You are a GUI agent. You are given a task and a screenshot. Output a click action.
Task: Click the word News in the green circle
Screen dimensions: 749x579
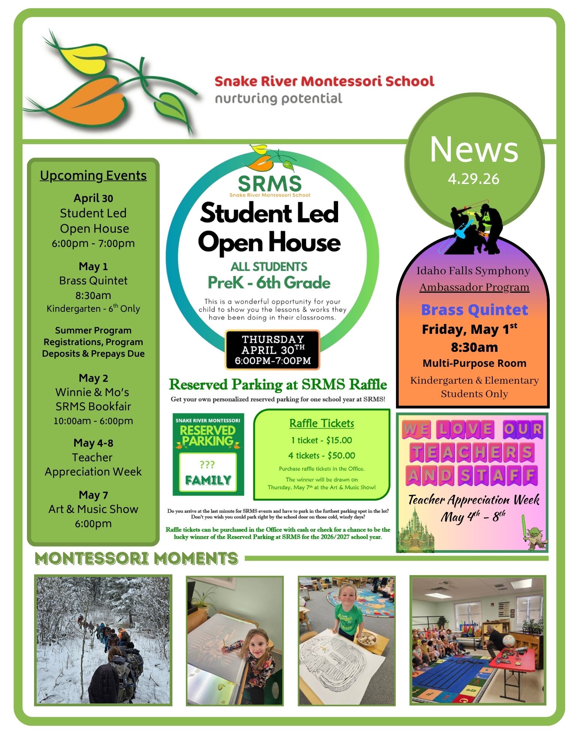pyautogui.click(x=474, y=150)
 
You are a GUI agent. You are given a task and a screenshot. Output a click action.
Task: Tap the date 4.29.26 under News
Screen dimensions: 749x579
pyautogui.click(x=473, y=179)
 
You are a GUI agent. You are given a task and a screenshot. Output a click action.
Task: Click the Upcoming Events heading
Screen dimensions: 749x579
pyautogui.click(x=93, y=175)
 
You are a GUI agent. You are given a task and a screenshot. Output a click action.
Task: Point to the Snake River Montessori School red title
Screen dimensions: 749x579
pyautogui.click(x=324, y=81)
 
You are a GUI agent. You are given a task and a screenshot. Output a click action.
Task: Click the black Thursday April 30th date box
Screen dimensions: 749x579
pyautogui.click(x=272, y=350)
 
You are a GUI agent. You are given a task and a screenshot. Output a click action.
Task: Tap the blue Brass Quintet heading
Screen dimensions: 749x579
pyautogui.click(x=474, y=310)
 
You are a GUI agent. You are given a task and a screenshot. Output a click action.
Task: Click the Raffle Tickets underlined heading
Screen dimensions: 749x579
pyautogui.click(x=322, y=423)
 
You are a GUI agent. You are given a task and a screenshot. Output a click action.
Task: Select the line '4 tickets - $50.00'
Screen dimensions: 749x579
pyautogui.click(x=322, y=456)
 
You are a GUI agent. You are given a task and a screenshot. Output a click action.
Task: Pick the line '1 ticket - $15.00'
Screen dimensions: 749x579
pyautogui.click(x=322, y=440)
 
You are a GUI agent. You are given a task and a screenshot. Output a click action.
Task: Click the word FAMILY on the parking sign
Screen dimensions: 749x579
pyautogui.click(x=208, y=480)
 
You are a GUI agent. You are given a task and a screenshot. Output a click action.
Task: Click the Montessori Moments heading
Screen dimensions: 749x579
pyautogui.click(x=136, y=559)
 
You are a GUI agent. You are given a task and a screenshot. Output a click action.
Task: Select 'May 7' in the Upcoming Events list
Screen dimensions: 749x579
pyautogui.click(x=93, y=495)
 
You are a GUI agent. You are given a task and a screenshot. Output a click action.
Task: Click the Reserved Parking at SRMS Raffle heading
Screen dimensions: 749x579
pyautogui.click(x=278, y=385)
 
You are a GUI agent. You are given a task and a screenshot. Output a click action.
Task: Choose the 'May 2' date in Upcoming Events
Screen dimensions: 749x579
pyautogui.click(x=93, y=378)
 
